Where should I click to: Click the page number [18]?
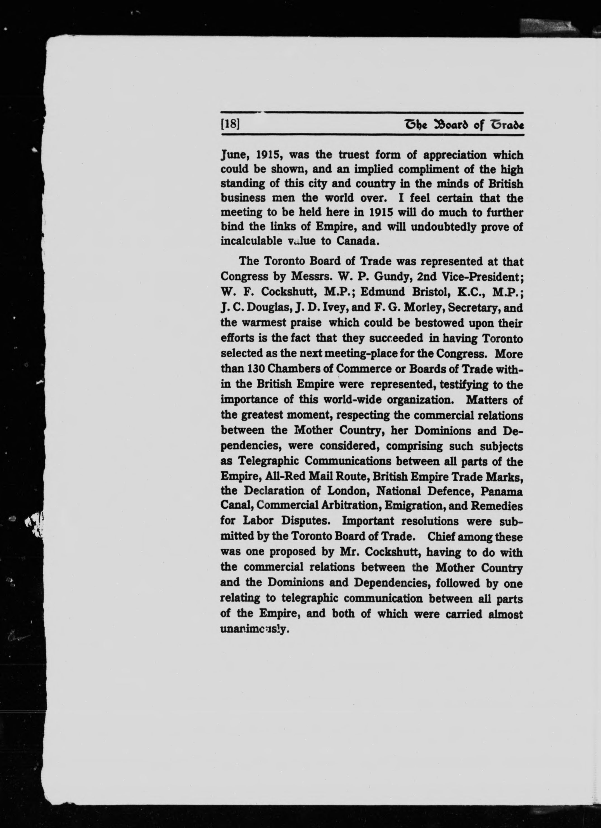point(230,124)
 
